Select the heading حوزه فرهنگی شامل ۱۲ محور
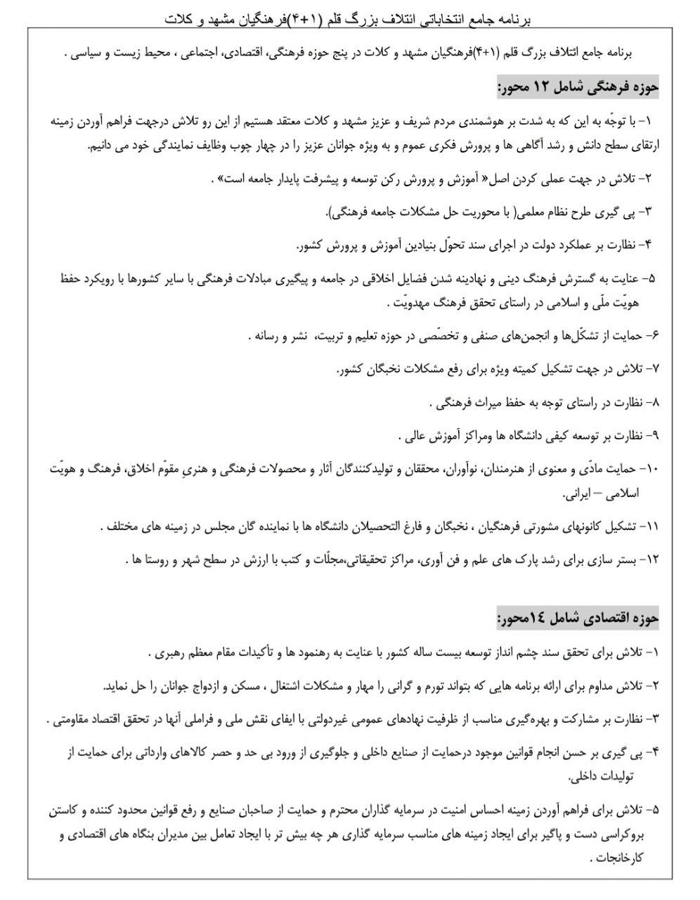tap(578, 88)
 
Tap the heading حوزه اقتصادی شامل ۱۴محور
tap(578, 619)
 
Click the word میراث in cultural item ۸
tap(478, 404)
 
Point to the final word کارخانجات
tap(622, 858)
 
